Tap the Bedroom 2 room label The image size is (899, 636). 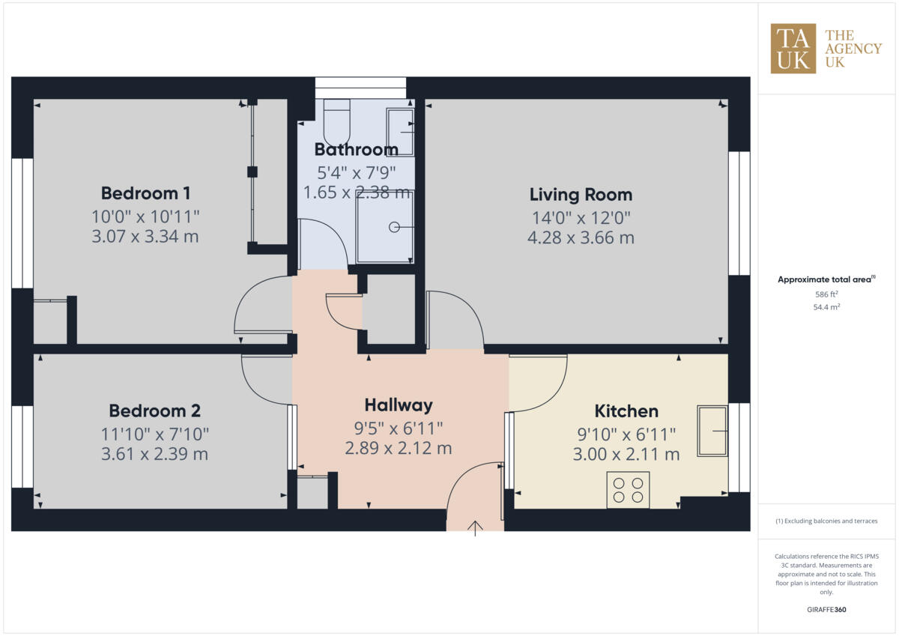(154, 411)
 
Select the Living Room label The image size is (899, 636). (581, 195)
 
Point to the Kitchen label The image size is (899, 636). (626, 411)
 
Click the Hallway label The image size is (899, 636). (398, 405)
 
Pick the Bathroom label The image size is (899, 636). (356, 149)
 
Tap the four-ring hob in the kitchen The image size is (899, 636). (628, 489)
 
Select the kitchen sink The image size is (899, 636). (712, 431)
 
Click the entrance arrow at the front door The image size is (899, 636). (475, 528)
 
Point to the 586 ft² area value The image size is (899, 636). (826, 294)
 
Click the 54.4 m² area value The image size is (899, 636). (826, 307)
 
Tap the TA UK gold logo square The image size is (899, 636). (793, 49)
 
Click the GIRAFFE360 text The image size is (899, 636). (826, 610)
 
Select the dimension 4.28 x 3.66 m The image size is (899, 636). (581, 238)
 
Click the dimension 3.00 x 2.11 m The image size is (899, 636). (626, 454)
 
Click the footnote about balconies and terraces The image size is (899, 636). (826, 521)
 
